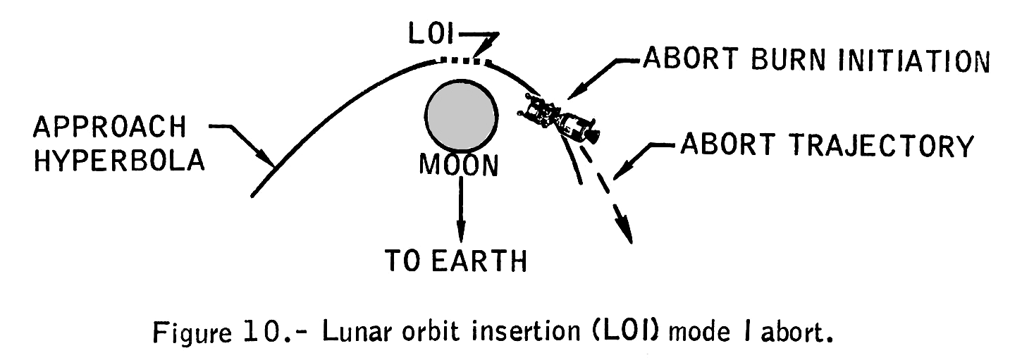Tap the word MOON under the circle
(x=459, y=166)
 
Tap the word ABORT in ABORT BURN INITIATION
(x=684, y=61)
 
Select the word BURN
(x=796, y=61)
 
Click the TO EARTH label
(x=456, y=261)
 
